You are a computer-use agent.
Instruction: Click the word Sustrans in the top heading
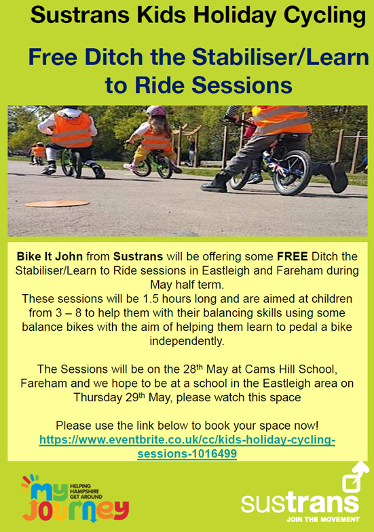point(80,15)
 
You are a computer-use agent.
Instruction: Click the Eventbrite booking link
point(187,447)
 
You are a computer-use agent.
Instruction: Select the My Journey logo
point(75,497)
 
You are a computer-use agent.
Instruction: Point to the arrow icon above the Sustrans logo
point(355,476)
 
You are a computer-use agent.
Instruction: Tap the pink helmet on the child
point(156,110)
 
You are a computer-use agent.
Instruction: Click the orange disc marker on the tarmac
point(57,203)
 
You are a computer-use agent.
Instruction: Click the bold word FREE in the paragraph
point(293,256)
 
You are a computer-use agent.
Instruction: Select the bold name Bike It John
point(50,256)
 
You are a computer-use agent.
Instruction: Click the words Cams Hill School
point(291,369)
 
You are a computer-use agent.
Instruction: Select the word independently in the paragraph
point(187,341)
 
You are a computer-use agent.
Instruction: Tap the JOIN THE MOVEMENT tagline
point(322,519)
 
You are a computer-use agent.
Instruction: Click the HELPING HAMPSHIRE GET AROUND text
point(86,491)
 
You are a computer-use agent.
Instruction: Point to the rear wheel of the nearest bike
point(292,172)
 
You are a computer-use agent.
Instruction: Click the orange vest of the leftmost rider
point(72,130)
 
